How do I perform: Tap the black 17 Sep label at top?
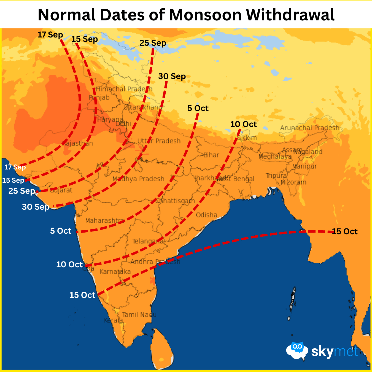click(x=50, y=35)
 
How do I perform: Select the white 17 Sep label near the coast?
click(x=15, y=167)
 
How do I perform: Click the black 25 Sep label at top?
click(x=153, y=43)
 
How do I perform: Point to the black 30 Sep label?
click(x=172, y=76)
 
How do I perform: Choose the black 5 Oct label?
click(x=198, y=108)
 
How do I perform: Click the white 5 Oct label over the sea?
click(x=61, y=231)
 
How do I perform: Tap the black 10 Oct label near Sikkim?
click(x=243, y=124)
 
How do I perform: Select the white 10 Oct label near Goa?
click(x=69, y=265)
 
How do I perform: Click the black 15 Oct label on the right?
click(x=344, y=231)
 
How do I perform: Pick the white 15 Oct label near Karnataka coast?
click(x=82, y=295)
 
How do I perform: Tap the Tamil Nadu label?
click(x=139, y=315)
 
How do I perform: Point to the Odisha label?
click(x=206, y=215)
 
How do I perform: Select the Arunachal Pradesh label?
click(x=310, y=128)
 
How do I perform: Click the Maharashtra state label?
click(x=104, y=221)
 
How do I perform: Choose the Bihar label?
click(x=211, y=155)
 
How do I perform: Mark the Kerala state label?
click(x=113, y=320)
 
